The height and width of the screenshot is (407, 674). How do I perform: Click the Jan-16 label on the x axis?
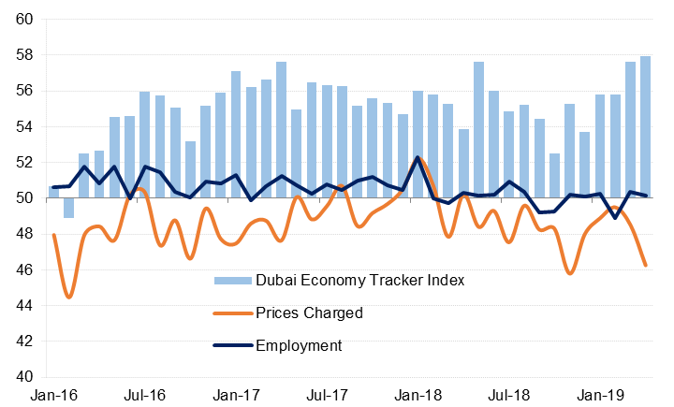coord(52,396)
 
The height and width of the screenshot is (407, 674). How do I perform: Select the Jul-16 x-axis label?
coord(144,396)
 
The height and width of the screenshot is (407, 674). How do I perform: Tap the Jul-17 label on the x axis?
coord(327,396)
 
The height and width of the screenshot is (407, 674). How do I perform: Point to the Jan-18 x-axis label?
coord(418,396)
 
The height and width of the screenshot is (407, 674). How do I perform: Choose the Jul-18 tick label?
coord(508,396)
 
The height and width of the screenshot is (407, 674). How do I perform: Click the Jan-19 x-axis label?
coord(599,396)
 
